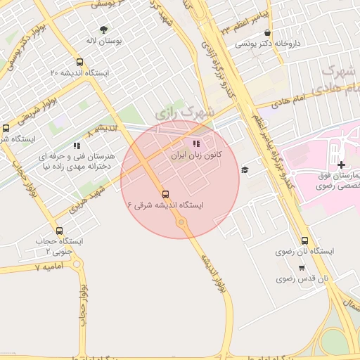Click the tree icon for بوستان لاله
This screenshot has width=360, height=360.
click(104, 30)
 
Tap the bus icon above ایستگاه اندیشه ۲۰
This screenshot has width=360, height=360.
click(79, 62)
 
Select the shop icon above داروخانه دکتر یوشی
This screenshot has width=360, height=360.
click(267, 32)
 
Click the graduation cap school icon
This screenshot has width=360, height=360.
click(245, 169)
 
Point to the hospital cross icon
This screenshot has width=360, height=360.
click(341, 165)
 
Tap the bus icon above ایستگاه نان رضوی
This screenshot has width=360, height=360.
click(304, 240)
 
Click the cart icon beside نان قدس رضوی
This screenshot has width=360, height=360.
click(302, 268)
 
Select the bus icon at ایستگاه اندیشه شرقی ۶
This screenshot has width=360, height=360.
click(166, 194)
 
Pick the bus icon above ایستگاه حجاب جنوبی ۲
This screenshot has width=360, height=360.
click(59, 231)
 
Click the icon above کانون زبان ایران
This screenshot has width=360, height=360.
click(195, 144)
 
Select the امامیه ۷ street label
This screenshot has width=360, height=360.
click(49, 268)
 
